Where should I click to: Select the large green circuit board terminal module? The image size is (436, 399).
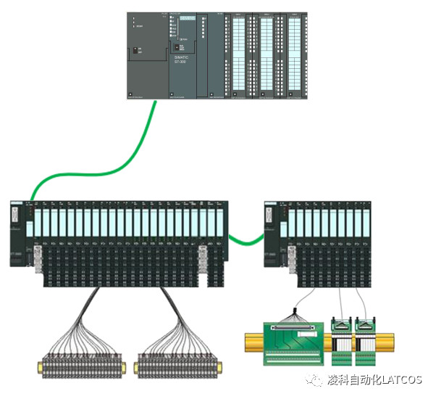coord(290,341)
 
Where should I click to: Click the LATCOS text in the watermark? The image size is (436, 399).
coord(402,380)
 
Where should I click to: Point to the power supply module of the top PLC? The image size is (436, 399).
coord(147,54)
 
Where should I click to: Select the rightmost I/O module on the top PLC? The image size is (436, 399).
coord(293,54)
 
